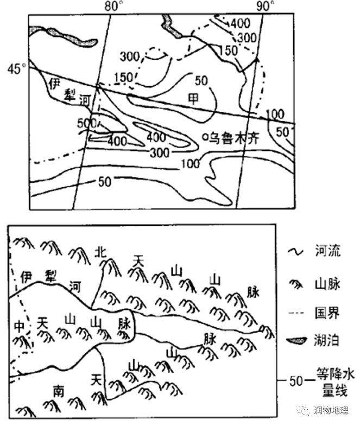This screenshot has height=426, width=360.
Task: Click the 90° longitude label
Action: [265, 6]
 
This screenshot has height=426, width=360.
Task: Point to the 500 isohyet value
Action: [87, 123]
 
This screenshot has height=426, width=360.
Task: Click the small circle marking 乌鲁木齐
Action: [205, 137]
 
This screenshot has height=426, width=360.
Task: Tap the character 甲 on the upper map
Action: [193, 99]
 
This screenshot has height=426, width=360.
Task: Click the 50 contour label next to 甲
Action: [201, 81]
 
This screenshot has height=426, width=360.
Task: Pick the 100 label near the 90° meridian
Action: [275, 115]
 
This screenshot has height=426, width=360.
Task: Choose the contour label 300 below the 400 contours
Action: [160, 153]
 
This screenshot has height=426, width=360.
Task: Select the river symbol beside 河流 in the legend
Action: [295, 252]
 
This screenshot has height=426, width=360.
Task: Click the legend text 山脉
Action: [327, 285]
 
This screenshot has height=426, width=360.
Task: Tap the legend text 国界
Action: [327, 313]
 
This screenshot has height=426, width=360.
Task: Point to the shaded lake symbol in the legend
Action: [296, 340]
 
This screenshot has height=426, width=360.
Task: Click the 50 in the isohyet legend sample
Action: [296, 381]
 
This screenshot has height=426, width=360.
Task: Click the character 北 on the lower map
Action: [100, 252]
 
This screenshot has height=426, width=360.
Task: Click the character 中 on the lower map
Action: [20, 326]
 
